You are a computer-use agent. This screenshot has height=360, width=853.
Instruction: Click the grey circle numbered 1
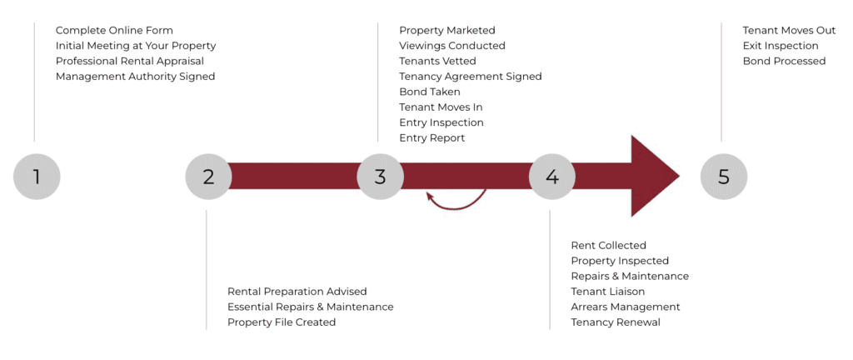(x=37, y=177)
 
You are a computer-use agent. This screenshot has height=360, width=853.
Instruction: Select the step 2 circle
(x=208, y=177)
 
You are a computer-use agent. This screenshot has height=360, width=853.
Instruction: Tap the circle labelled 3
(x=381, y=177)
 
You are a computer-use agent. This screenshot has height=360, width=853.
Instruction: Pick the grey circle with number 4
(x=552, y=177)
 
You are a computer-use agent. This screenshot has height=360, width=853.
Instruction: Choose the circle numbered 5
(x=724, y=177)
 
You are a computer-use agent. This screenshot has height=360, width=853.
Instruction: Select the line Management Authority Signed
(x=135, y=76)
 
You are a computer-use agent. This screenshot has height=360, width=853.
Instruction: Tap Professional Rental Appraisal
(x=129, y=61)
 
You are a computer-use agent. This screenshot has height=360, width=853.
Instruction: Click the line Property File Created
(x=282, y=322)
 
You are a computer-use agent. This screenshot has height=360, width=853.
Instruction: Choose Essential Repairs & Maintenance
(x=310, y=307)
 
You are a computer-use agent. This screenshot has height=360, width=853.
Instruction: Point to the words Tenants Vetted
(x=437, y=61)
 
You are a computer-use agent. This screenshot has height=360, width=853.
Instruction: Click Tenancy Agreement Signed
(x=470, y=76)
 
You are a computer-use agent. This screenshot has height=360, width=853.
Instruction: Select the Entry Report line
(x=431, y=137)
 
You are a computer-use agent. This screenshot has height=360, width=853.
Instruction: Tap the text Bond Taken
(x=429, y=92)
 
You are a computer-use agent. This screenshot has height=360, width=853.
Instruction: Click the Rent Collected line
(x=608, y=245)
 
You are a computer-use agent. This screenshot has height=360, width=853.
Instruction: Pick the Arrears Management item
(x=625, y=307)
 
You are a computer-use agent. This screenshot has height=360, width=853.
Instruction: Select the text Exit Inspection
(x=780, y=46)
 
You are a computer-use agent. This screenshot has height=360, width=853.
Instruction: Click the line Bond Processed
(x=784, y=61)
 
